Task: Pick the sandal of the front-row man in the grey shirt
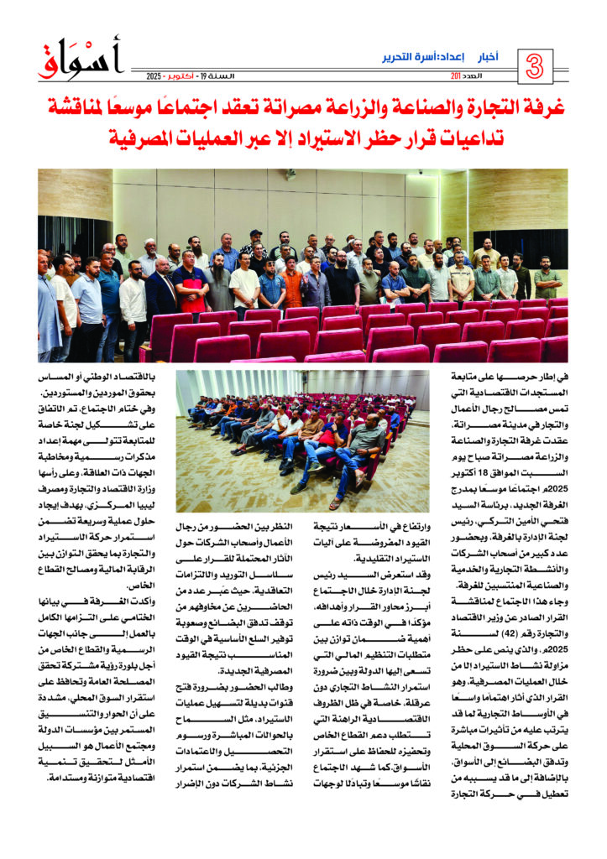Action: pyautogui.click(x=336, y=502)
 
